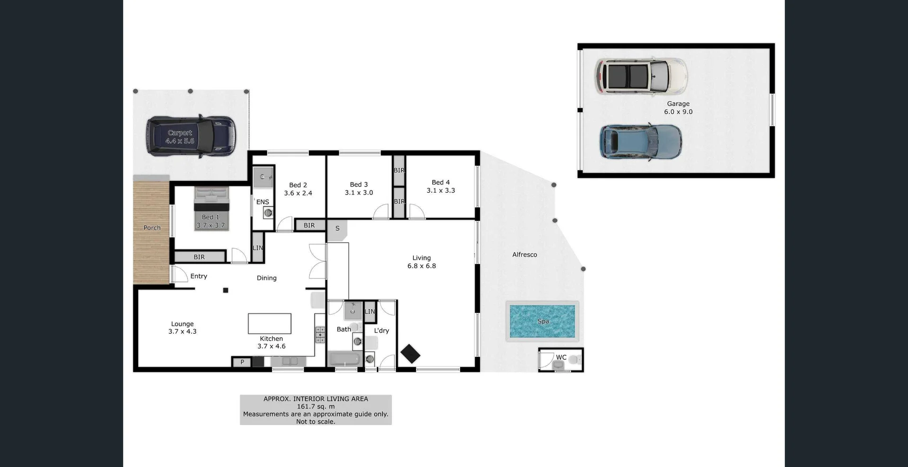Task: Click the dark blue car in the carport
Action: (191, 136)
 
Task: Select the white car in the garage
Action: (641, 76)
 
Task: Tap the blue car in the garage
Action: (641, 142)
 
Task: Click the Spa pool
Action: (542, 321)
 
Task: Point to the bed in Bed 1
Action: (211, 208)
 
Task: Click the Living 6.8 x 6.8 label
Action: (421, 262)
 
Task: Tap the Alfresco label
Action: (524, 255)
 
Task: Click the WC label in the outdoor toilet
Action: (561, 357)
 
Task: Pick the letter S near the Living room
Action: (337, 228)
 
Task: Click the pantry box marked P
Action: (242, 362)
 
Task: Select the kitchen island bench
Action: (270, 323)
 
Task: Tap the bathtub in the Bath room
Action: (344, 359)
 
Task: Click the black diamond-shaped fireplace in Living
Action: (410, 354)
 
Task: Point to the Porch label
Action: (152, 228)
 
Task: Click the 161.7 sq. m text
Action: (315, 407)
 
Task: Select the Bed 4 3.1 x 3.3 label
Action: (441, 187)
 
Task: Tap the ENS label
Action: (262, 202)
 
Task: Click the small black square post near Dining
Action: (226, 290)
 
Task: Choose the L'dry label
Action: (381, 331)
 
